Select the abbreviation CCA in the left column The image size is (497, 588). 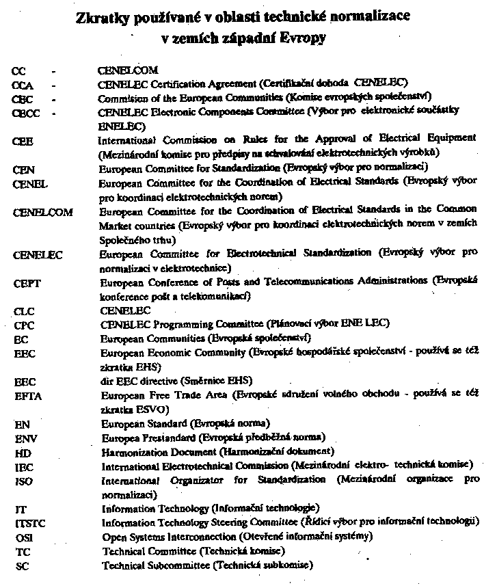[23, 84]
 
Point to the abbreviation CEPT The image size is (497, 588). [25, 282]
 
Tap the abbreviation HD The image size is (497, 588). [20, 453]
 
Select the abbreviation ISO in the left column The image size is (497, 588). [22, 481]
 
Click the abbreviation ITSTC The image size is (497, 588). [27, 523]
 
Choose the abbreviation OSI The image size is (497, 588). [21, 537]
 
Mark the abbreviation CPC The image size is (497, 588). [23, 324]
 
